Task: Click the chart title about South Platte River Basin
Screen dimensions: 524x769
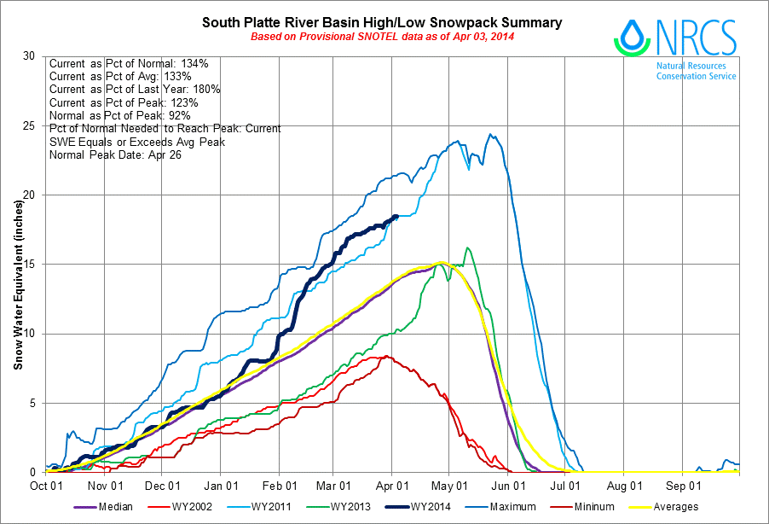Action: tap(381, 21)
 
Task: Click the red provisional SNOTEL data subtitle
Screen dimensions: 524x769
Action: tap(381, 37)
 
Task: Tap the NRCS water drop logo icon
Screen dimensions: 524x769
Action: tap(632, 37)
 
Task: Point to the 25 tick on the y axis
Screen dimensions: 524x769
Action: tap(29, 126)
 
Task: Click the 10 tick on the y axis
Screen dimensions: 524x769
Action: tap(29, 334)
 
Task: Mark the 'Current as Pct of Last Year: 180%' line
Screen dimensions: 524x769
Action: tap(135, 90)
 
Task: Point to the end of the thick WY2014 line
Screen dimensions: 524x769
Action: tap(396, 217)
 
